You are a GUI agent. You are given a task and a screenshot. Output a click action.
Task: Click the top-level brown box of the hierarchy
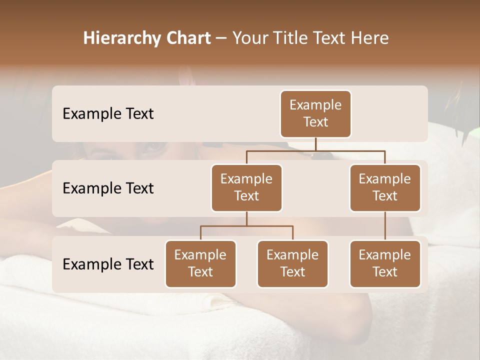click(315, 113)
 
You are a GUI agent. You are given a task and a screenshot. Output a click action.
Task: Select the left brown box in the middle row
click(246, 187)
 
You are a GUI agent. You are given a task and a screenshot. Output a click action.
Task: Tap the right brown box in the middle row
click(385, 187)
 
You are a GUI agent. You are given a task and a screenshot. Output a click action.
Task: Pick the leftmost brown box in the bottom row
click(200, 263)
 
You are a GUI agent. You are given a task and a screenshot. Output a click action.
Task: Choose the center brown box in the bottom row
click(292, 263)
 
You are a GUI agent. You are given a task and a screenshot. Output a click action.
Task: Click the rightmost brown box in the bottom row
click(385, 263)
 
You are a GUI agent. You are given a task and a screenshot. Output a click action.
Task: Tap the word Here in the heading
click(369, 38)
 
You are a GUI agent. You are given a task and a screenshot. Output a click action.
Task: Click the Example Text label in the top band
click(108, 113)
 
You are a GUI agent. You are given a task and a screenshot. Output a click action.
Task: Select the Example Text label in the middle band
click(108, 188)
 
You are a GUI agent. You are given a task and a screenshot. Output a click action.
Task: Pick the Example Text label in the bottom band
click(108, 264)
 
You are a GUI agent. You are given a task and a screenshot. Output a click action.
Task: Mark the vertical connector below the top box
click(315, 144)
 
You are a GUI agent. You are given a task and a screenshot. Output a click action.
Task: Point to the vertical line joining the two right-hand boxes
click(385, 226)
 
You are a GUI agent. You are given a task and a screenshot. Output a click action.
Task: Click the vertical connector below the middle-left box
click(246, 219)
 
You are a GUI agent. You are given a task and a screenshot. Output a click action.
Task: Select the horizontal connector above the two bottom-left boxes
click(246, 226)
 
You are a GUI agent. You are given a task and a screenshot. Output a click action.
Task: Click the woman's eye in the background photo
click(155, 147)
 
